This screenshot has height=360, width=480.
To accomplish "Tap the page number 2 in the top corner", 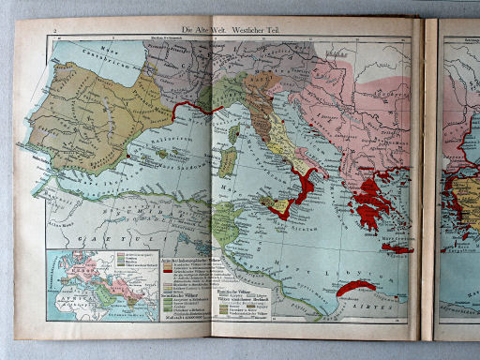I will coord(56,32).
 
